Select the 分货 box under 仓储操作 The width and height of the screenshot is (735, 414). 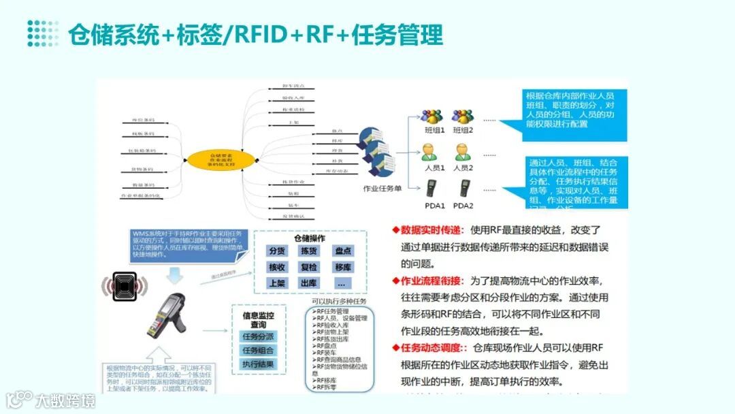277,251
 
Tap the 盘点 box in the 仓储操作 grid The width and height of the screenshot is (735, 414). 342,251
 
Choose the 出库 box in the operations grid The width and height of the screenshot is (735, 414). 310,283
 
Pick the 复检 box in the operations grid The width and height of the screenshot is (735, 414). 310,267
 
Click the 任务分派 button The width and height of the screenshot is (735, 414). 258,336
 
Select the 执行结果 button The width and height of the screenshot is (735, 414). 258,364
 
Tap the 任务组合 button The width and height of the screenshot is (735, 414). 258,350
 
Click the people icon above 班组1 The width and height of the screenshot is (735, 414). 431,116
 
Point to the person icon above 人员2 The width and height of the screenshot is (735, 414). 463,152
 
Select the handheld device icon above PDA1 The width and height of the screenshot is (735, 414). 432,187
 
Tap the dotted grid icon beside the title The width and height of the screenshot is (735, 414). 43,33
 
